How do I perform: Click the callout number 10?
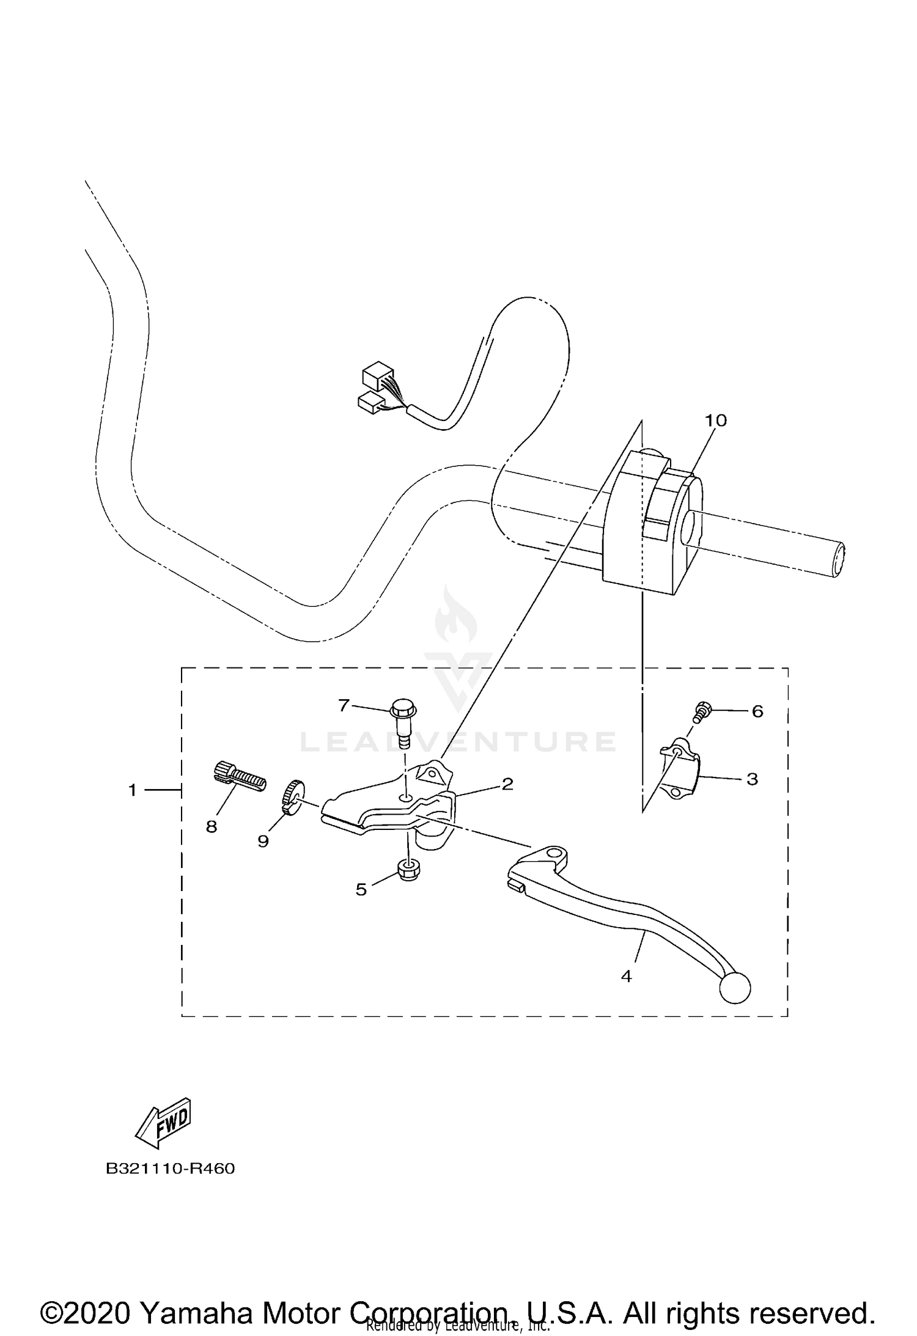click(x=715, y=420)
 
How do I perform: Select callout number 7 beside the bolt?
click(x=344, y=706)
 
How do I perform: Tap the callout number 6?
click(x=757, y=711)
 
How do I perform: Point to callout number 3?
click(x=752, y=779)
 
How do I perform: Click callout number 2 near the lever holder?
click(x=507, y=784)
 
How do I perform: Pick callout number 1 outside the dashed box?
click(x=132, y=790)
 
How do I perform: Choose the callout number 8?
click(x=212, y=827)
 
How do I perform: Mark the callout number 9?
click(x=263, y=842)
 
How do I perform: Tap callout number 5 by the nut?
click(x=361, y=890)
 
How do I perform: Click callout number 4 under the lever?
click(x=626, y=977)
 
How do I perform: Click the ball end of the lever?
click(x=735, y=988)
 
